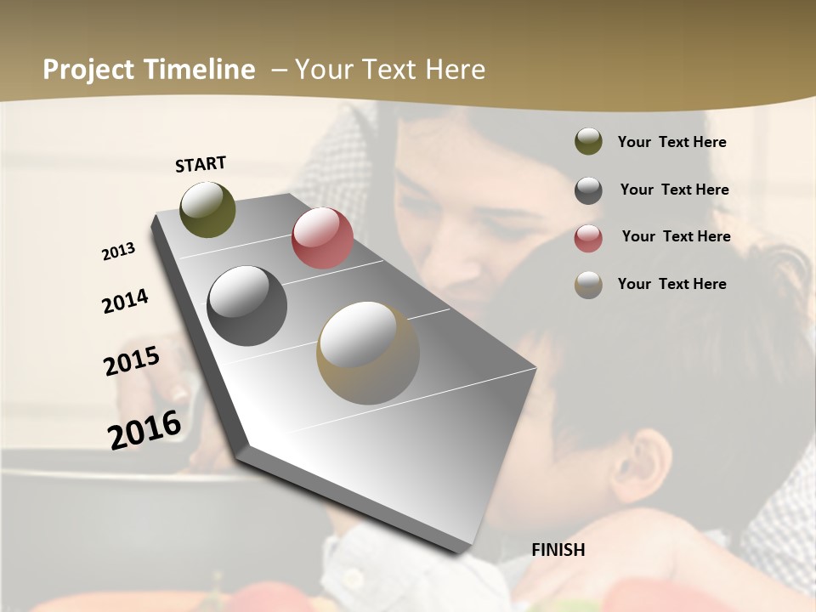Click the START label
(201, 164)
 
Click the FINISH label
(558, 550)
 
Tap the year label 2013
(119, 252)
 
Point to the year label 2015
(132, 361)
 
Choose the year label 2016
(144, 429)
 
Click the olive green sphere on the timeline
(208, 209)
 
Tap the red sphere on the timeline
(322, 238)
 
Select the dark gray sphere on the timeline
(247, 306)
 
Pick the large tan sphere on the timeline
(368, 353)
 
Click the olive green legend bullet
(588, 142)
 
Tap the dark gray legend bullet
(588, 190)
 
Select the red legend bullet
(588, 238)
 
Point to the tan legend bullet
(588, 285)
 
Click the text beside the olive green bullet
(671, 143)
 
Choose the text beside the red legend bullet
(676, 236)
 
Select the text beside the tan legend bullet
(671, 284)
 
